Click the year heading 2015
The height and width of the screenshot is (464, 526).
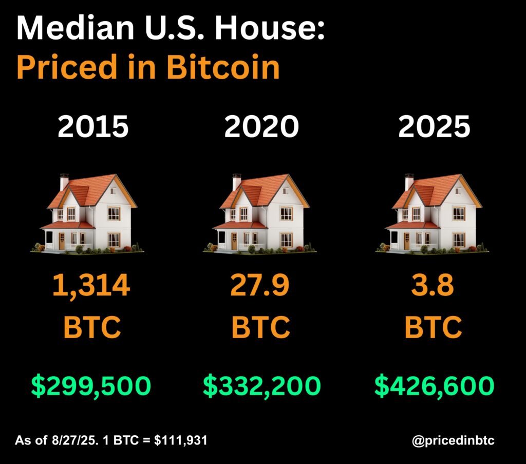pos(93,126)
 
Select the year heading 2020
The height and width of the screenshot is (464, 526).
pos(261,126)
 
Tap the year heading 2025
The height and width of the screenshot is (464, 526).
pos(434,126)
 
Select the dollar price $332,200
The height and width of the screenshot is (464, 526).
pos(261,386)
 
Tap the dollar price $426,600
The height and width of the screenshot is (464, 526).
pos(434,386)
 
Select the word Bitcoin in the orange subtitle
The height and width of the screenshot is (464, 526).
pos(223,67)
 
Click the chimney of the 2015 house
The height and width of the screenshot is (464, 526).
pos(64,182)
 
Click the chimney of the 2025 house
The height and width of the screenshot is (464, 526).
pos(409,182)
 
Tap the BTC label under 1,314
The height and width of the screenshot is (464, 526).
pos(93,326)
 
